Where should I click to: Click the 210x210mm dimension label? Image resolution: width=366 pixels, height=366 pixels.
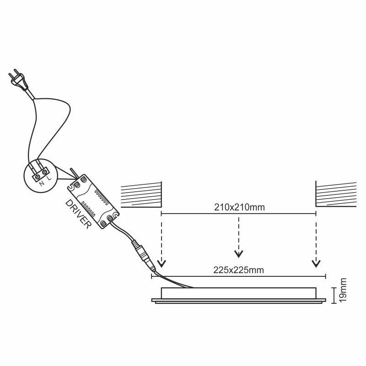coord(239,207)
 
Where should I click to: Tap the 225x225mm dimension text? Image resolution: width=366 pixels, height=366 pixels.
coord(238,270)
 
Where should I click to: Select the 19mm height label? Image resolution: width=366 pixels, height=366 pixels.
coord(343,290)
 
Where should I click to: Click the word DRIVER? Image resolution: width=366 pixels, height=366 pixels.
coord(78,214)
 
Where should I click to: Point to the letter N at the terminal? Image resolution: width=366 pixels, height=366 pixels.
coord(42,183)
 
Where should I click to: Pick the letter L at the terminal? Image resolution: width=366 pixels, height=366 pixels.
coord(49,178)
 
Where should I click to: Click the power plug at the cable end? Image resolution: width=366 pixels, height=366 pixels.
coord(18,81)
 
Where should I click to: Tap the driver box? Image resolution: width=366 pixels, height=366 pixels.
coord(93,202)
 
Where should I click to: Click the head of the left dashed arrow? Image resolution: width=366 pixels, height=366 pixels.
coord(161,264)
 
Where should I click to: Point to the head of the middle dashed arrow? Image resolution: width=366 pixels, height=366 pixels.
coord(238,254)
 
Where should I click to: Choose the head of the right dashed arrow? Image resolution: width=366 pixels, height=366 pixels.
coord(316,264)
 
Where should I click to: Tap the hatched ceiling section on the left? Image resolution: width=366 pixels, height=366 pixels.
coord(141,194)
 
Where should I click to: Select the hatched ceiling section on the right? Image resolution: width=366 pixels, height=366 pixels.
coord(336,194)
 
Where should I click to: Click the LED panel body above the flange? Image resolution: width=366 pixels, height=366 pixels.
coord(238,293)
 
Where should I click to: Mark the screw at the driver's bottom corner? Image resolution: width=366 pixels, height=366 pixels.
coord(110,219)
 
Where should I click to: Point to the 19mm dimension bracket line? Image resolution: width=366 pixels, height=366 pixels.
coord(334,296)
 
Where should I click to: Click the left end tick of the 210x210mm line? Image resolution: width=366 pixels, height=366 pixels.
coord(161,213)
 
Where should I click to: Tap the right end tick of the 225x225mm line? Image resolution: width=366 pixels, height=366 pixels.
coord(325,277)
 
